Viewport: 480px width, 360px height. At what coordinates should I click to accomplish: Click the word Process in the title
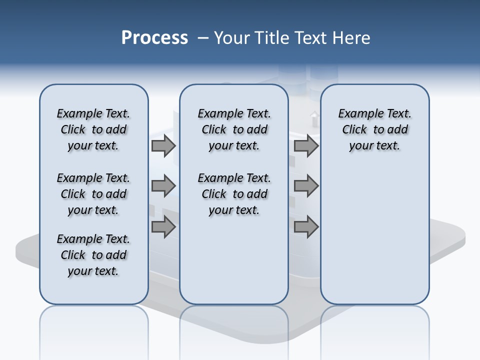pyautogui.click(x=154, y=38)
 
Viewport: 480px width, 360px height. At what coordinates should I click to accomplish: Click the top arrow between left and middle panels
pyautogui.click(x=163, y=146)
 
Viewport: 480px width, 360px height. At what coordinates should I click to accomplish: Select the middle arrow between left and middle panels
pyautogui.click(x=163, y=186)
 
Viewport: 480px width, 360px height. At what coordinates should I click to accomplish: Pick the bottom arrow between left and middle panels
pyautogui.click(x=163, y=227)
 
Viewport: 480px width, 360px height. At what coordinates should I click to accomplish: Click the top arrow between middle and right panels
pyautogui.click(x=306, y=146)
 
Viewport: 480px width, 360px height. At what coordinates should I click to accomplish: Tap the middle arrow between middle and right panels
pyautogui.click(x=306, y=186)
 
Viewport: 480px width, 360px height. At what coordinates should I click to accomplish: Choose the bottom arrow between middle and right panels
pyautogui.click(x=306, y=227)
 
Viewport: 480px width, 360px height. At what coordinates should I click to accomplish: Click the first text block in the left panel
pyautogui.click(x=93, y=129)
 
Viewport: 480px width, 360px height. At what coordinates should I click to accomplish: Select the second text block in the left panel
pyautogui.click(x=93, y=194)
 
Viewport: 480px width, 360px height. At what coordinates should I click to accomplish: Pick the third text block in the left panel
pyautogui.click(x=93, y=255)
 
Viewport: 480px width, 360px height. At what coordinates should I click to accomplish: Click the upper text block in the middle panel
pyautogui.click(x=234, y=129)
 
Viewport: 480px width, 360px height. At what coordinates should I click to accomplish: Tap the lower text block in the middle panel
pyautogui.click(x=234, y=194)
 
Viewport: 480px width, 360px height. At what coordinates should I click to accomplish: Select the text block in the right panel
pyautogui.click(x=374, y=129)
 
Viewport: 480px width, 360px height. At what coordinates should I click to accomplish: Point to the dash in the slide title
pyautogui.click(x=203, y=38)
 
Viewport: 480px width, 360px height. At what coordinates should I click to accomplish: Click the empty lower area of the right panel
pyautogui.click(x=374, y=235)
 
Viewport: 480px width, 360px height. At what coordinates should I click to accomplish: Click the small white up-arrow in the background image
pyautogui.click(x=314, y=118)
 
